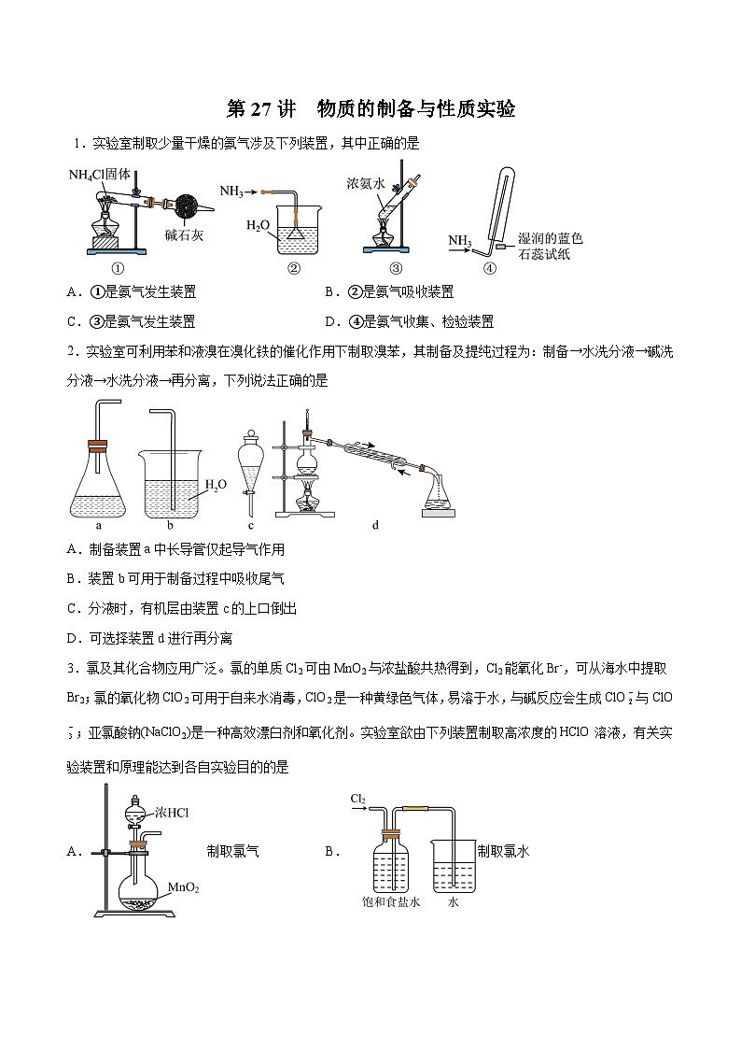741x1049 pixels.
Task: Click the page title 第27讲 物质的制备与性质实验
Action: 370,109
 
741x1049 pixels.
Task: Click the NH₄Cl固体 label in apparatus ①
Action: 105,175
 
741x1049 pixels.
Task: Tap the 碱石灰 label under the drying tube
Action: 184,235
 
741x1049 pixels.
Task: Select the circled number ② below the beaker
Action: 293,268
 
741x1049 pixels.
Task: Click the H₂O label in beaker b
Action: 216,484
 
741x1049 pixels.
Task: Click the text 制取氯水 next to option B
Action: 503,851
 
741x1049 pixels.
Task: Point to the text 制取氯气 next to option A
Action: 233,851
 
